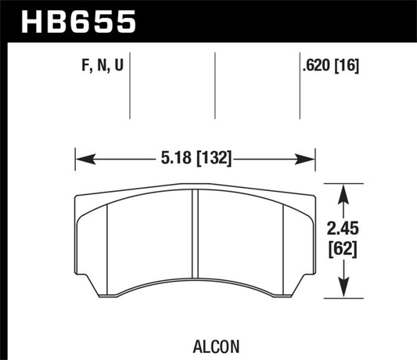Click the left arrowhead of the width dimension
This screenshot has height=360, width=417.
click(81, 160)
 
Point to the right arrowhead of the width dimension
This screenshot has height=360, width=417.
click(310, 160)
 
